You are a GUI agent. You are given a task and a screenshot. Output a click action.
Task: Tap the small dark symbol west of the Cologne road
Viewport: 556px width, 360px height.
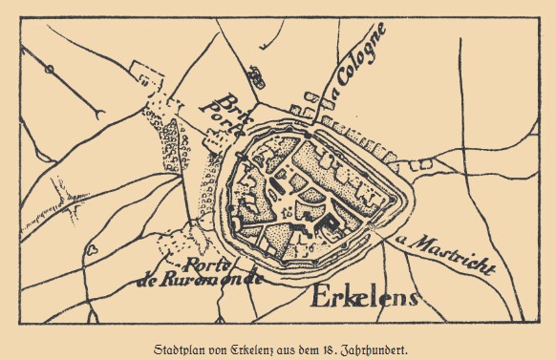(254, 72)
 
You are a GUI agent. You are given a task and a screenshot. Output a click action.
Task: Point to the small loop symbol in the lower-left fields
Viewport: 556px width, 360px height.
(93, 246)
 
